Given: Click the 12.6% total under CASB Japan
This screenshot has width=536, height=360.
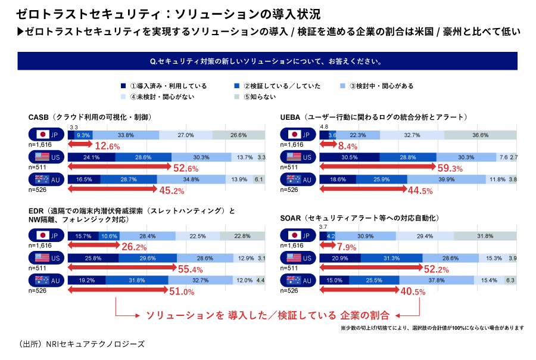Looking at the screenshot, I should click(108, 146).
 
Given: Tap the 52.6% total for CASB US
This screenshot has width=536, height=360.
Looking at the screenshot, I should click(185, 168).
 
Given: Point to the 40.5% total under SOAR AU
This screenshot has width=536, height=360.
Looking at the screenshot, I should click(413, 291).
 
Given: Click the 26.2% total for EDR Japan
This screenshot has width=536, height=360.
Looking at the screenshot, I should click(134, 247).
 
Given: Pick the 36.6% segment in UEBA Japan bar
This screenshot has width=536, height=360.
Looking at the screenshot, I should click(480, 135).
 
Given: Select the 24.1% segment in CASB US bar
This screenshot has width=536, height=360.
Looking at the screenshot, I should click(91, 157).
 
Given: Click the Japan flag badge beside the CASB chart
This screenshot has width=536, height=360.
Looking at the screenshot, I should click(47, 135).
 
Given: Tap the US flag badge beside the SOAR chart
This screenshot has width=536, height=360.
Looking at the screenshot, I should click(299, 258).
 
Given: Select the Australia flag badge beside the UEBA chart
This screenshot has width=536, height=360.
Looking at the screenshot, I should click(299, 179).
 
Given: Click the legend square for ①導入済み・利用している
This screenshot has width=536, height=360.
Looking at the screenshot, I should click(123, 86).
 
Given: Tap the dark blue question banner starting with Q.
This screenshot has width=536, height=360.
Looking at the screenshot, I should click(267, 61).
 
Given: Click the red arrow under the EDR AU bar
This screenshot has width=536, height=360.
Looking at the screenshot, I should click(119, 291).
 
